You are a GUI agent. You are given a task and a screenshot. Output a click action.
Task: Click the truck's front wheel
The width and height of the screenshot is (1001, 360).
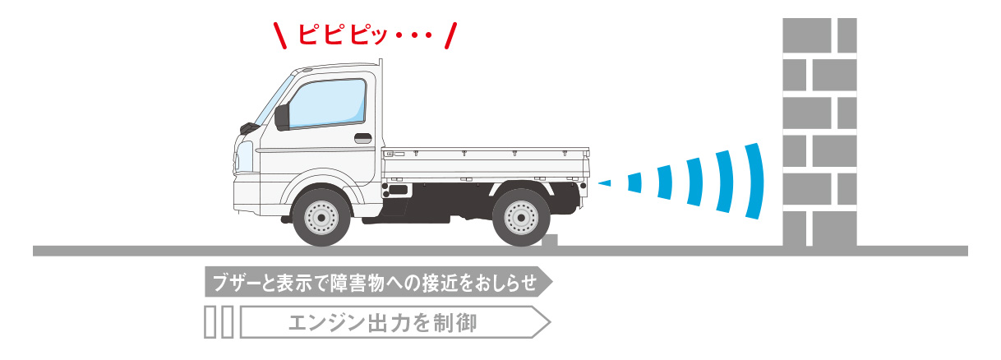[x=321, y=217]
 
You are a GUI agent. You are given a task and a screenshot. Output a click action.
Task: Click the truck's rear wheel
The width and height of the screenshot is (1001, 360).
[x=521, y=218]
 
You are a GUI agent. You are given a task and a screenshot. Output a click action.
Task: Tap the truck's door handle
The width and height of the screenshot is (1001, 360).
[x=363, y=138]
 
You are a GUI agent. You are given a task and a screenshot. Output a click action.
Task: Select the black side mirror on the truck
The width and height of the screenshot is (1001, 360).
[x=282, y=118]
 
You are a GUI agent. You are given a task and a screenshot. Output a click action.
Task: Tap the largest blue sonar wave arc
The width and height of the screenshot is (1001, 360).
[x=754, y=181]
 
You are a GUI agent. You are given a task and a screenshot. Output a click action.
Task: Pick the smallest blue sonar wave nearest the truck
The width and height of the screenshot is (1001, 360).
[x=605, y=182]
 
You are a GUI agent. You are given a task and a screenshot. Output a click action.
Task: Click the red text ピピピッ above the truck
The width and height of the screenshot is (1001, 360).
[x=342, y=34]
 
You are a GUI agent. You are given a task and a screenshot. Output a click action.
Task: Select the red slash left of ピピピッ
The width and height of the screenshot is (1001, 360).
[x=279, y=35]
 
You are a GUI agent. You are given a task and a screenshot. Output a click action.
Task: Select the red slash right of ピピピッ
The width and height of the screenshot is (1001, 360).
[x=451, y=35]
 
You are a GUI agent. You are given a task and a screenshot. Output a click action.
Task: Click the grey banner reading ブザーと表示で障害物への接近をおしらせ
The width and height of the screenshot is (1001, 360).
[x=379, y=282]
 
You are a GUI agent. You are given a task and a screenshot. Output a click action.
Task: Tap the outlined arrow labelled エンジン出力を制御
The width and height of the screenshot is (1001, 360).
[x=395, y=322]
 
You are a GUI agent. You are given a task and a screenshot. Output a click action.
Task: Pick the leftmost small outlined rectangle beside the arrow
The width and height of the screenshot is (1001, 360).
[x=210, y=322]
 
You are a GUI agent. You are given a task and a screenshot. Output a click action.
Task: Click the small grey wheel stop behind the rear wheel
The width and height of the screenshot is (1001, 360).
[x=550, y=240]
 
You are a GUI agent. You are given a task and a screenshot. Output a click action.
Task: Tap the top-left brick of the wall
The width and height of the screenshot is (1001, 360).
[x=806, y=35]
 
